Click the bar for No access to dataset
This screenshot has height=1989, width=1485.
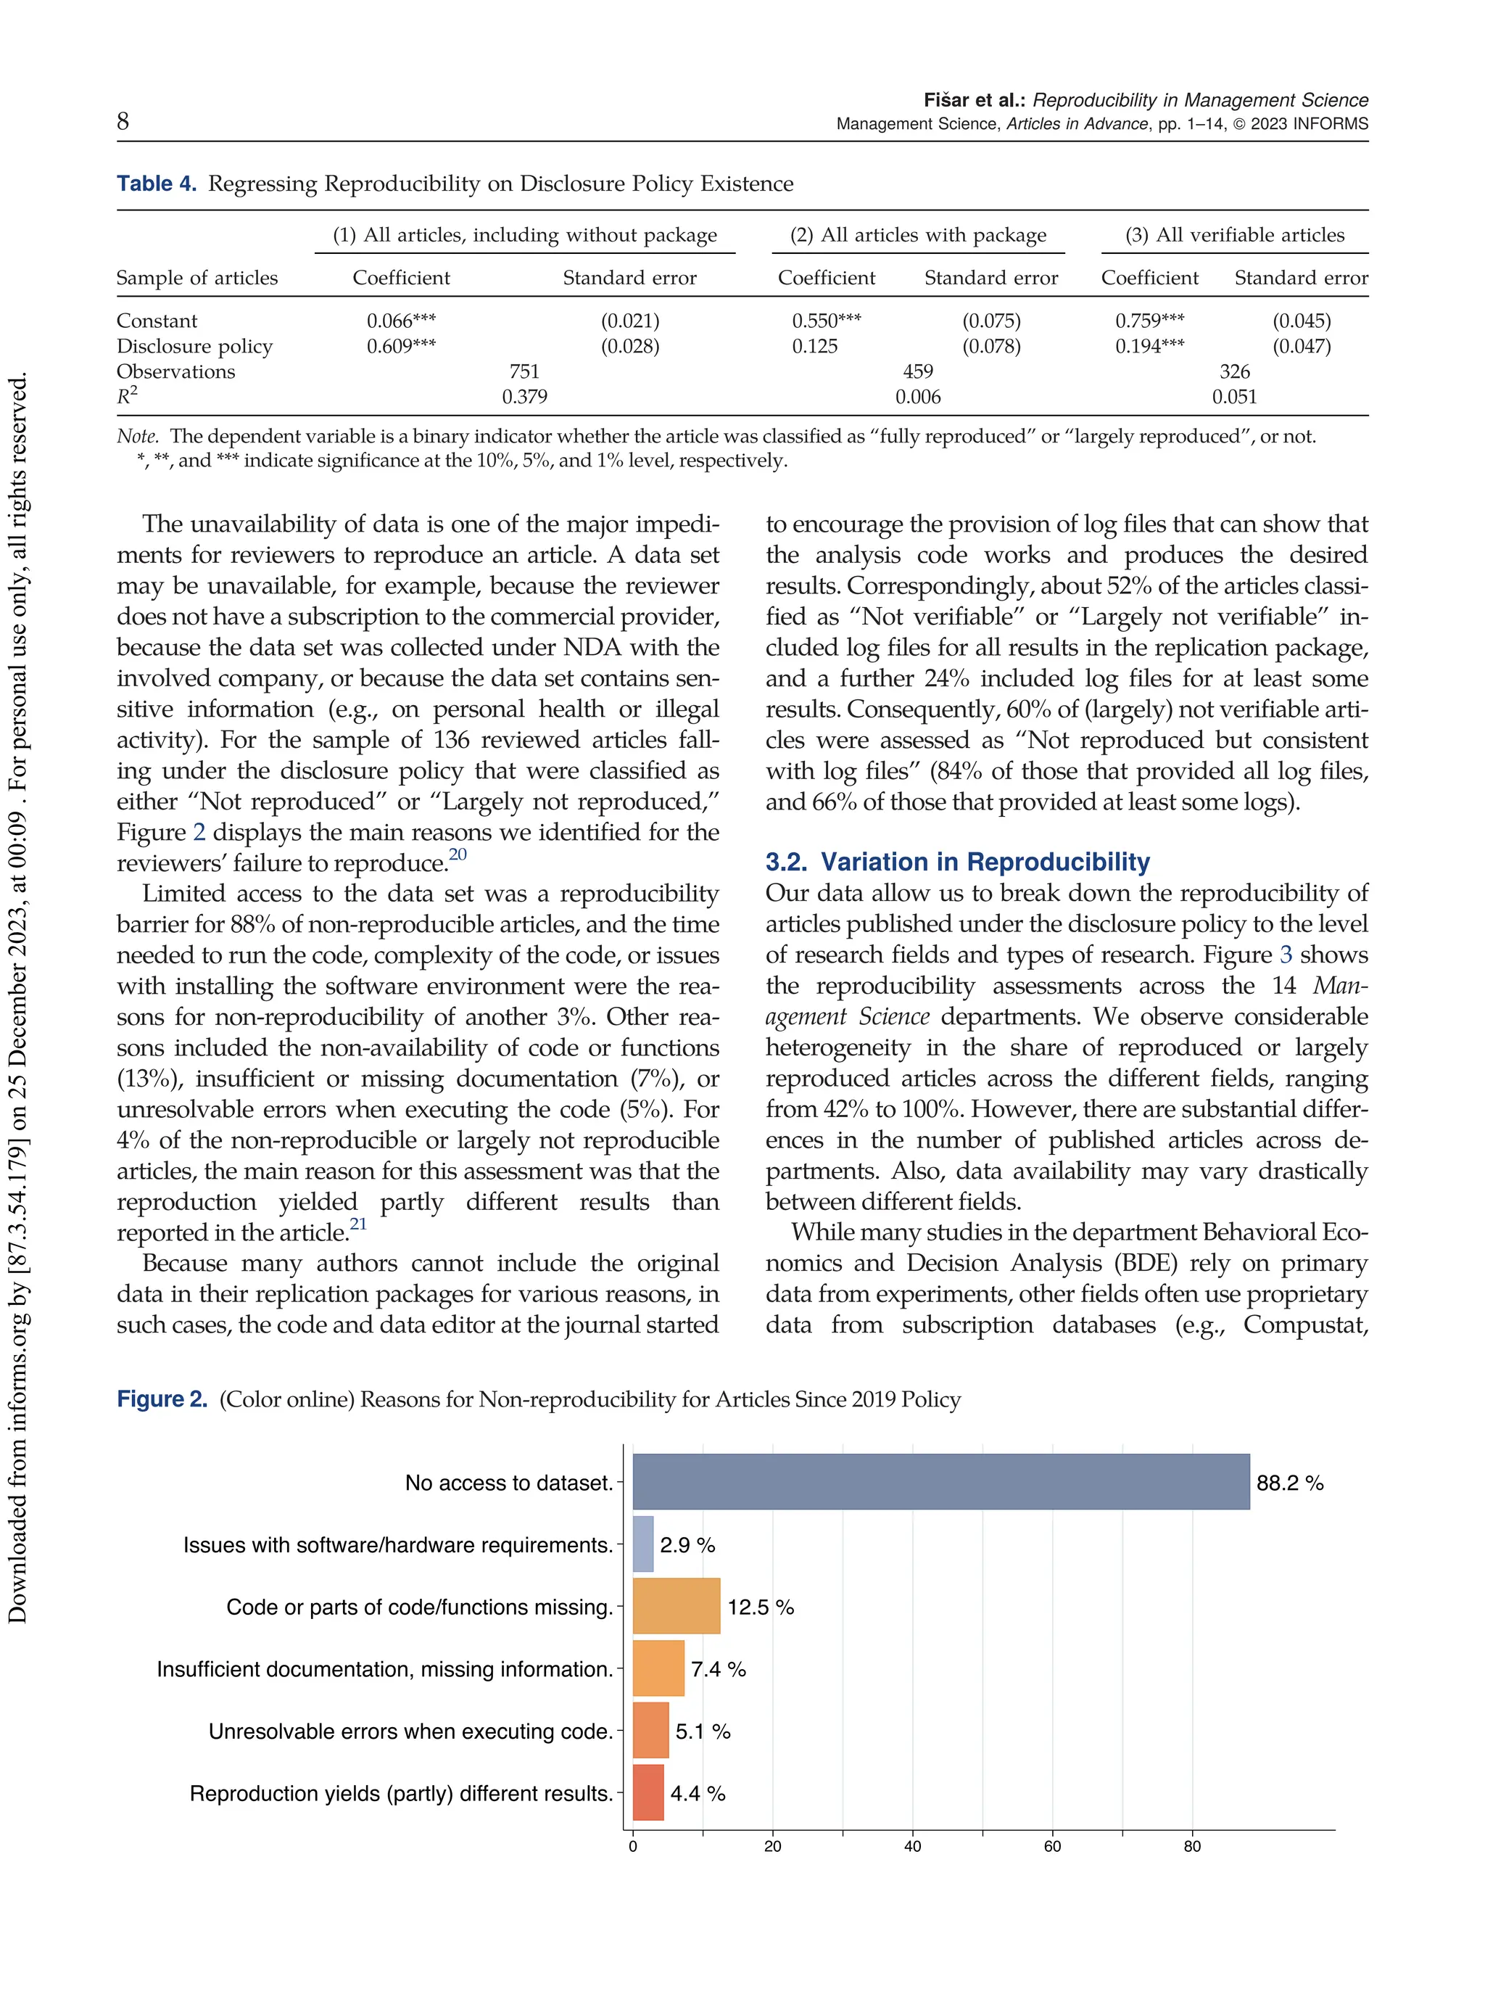click(940, 1482)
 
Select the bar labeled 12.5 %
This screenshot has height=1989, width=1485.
click(676, 1606)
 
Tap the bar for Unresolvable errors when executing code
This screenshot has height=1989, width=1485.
click(651, 1730)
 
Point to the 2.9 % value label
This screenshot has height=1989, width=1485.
click(687, 1545)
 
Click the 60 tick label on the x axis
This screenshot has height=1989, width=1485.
click(1053, 1846)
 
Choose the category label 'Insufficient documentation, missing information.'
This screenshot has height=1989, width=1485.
click(385, 1669)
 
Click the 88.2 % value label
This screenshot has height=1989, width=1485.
click(1290, 1483)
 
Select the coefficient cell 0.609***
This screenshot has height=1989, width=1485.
click(401, 346)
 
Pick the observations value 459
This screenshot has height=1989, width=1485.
click(918, 371)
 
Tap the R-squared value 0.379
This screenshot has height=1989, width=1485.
click(525, 397)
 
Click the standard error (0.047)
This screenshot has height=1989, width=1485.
click(1302, 346)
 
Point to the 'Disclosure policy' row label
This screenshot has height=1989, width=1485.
click(194, 346)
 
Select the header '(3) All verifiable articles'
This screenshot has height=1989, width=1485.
click(1235, 235)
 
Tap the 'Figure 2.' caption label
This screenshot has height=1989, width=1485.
click(162, 1399)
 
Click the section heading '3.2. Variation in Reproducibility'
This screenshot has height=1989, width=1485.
click(957, 862)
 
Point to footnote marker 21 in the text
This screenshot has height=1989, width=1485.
click(359, 1224)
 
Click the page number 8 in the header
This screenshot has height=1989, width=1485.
click(123, 121)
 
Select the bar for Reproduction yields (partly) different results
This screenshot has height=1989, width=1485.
click(648, 1792)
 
